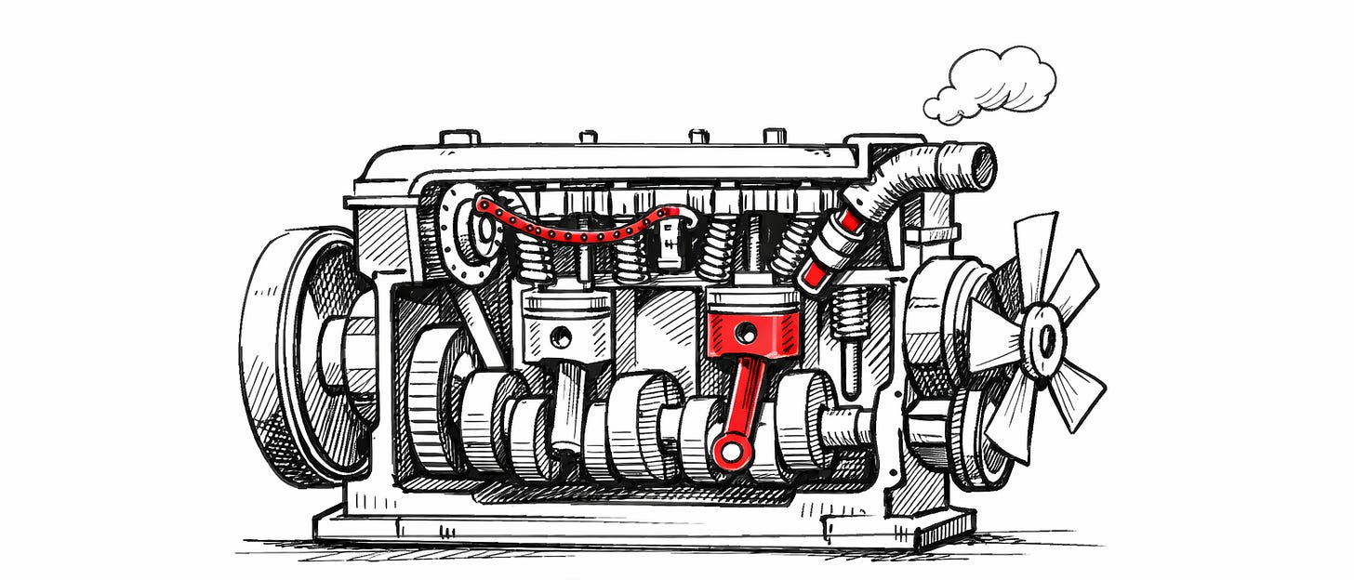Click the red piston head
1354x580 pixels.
[753, 321]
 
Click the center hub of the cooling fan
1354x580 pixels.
[1046, 339]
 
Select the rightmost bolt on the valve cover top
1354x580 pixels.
[775, 137]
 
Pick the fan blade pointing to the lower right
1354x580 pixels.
[1079, 395]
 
